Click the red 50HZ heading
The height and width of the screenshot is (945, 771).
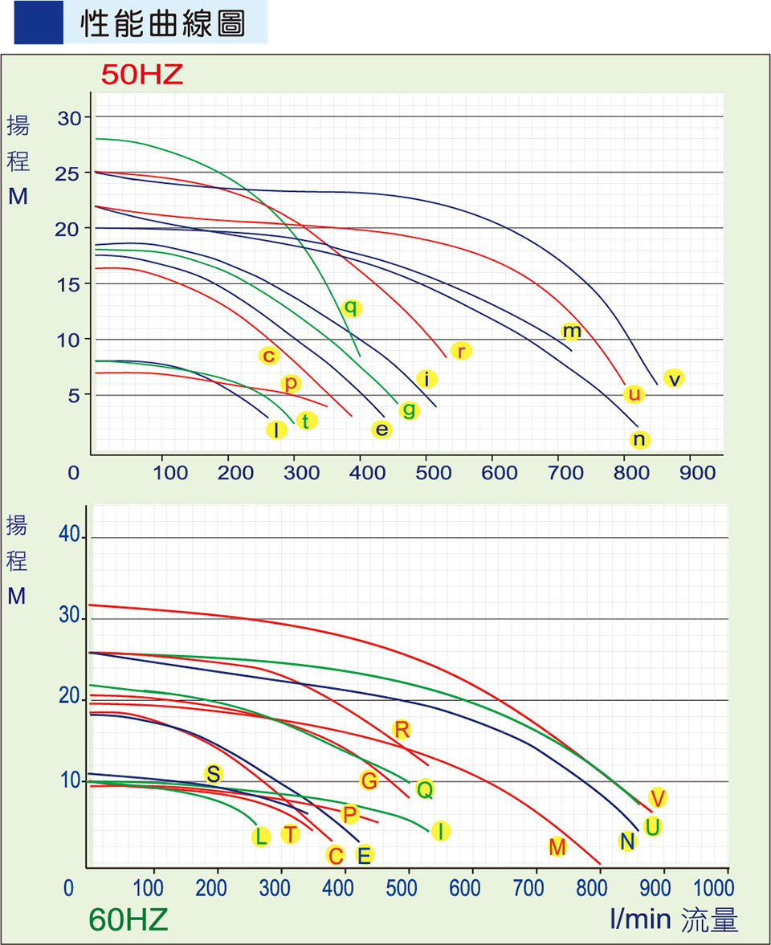click(x=142, y=75)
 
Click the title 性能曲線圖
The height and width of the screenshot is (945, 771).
click(x=162, y=25)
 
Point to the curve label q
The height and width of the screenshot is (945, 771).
click(x=351, y=308)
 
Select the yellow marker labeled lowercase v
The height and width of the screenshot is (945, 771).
click(x=674, y=378)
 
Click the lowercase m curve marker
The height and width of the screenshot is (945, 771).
click(x=571, y=331)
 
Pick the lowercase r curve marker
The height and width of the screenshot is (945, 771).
click(x=461, y=351)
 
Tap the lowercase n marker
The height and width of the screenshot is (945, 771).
click(x=639, y=439)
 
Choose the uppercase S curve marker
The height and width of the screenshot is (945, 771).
click(x=213, y=774)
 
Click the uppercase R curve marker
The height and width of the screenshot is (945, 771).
click(x=402, y=729)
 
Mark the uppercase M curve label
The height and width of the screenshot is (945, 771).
click(x=557, y=846)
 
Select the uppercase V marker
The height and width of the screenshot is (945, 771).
click(x=658, y=797)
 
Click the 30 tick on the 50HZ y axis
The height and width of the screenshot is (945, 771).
click(x=71, y=117)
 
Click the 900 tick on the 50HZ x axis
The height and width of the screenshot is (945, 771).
click(x=696, y=472)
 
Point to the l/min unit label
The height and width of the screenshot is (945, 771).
click(x=640, y=919)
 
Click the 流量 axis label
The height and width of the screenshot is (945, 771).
click(x=709, y=920)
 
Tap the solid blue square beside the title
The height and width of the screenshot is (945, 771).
click(x=39, y=23)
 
